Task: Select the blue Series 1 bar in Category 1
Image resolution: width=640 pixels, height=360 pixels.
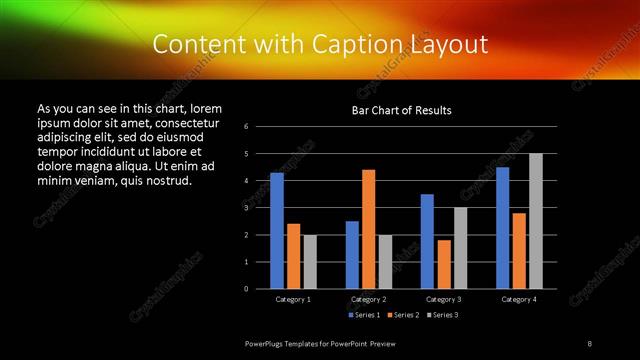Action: (x=277, y=231)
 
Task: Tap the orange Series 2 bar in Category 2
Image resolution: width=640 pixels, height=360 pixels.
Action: (x=368, y=229)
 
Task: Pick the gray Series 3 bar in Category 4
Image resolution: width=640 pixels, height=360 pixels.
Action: (x=536, y=221)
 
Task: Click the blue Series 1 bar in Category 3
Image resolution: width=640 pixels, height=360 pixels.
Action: (x=427, y=241)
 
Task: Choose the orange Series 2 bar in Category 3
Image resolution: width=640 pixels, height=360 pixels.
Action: (x=444, y=264)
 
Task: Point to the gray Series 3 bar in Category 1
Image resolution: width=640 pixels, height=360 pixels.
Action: (x=310, y=262)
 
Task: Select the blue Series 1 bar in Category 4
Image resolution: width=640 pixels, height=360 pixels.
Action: (x=503, y=228)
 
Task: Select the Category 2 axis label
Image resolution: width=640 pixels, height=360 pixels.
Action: (x=368, y=299)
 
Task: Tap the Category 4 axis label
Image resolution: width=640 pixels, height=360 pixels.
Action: (x=519, y=299)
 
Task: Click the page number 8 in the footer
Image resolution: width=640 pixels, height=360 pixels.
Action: (x=589, y=344)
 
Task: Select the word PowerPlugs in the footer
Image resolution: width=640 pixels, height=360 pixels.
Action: (x=265, y=344)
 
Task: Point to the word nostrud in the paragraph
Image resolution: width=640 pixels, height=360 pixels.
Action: (x=167, y=181)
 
